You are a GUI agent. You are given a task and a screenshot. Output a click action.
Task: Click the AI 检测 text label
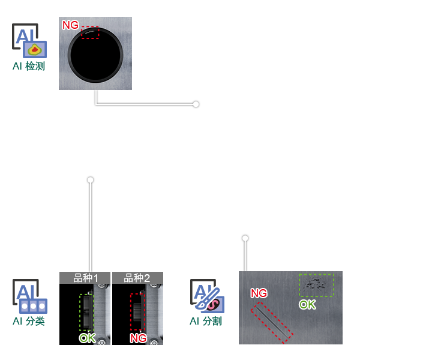click(29, 66)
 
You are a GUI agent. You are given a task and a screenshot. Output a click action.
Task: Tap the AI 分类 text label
click(29, 321)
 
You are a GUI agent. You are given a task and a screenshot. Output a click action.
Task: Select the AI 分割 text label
click(206, 321)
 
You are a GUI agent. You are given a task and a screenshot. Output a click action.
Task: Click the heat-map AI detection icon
click(29, 41)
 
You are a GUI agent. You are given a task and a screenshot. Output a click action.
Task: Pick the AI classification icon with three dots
click(29, 296)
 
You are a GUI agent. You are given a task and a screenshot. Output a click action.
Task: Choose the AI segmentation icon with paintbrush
click(207, 296)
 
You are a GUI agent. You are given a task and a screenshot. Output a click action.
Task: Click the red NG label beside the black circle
click(70, 25)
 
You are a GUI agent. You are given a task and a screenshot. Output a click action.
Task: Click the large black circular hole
click(95, 55)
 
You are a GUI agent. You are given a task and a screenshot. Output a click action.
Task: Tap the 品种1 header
click(85, 278)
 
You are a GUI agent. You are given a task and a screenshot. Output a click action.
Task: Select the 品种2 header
click(137, 278)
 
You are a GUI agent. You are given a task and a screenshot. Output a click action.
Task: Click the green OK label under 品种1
click(87, 338)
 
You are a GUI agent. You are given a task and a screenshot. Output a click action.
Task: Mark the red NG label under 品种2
click(138, 338)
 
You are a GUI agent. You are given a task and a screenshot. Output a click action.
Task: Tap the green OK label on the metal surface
click(307, 305)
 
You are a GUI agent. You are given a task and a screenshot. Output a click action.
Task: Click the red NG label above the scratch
click(259, 293)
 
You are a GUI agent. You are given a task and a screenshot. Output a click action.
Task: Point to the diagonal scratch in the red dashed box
click(272, 323)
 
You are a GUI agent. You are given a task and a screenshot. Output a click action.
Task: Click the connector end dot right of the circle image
click(196, 104)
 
